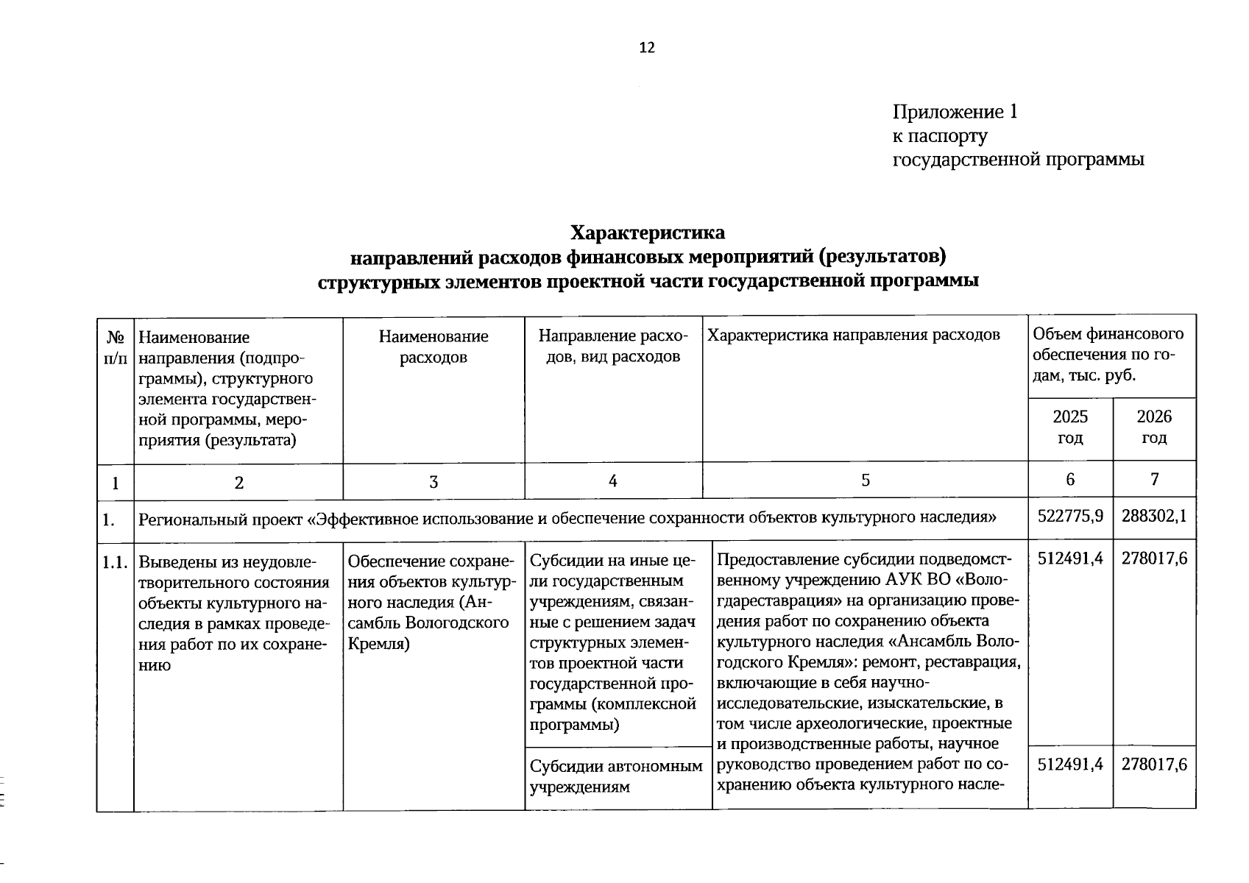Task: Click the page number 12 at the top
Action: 646,49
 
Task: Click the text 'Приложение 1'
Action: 955,113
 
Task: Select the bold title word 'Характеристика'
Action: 647,233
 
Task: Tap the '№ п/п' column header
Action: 116,348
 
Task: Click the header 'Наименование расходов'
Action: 434,347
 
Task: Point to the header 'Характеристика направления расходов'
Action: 853,336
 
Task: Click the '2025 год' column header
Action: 1069,427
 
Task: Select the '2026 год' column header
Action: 1153,427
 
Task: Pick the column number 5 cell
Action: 865,480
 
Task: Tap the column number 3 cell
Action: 434,482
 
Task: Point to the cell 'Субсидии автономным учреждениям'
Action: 616,776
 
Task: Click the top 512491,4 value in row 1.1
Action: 1069,558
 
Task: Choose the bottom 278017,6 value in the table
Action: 1153,765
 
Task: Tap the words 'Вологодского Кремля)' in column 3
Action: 428,633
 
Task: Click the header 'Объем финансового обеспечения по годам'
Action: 1110,355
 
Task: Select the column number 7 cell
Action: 1154,480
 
